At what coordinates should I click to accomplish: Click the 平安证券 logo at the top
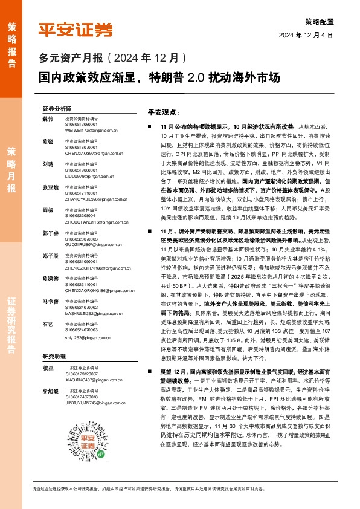coord(76,30)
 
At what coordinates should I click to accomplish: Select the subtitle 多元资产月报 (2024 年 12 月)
coord(112,59)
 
